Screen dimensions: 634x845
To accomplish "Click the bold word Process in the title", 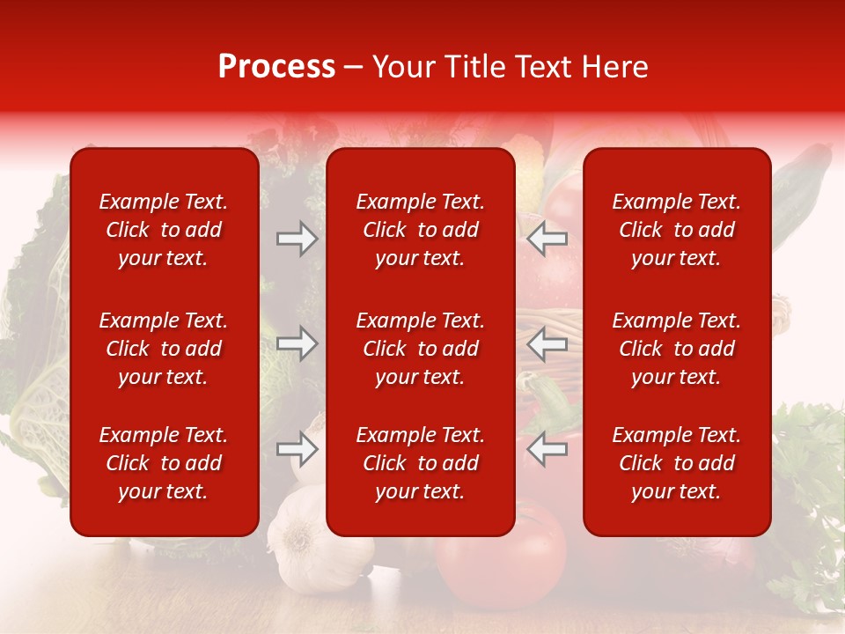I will click(x=276, y=67).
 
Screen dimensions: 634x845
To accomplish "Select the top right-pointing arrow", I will click(x=298, y=239).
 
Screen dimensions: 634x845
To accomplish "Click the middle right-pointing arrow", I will click(x=298, y=344).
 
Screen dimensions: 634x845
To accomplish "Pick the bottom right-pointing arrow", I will click(x=298, y=450).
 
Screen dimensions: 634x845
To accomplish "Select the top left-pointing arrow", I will click(x=547, y=239).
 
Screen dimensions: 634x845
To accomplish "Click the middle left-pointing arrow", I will click(x=547, y=344).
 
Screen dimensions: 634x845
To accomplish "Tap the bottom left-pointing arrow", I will click(x=547, y=450).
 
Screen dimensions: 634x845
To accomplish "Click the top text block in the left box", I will click(x=164, y=230).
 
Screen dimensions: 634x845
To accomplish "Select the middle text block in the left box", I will click(x=164, y=349).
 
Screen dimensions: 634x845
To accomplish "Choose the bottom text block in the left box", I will click(x=164, y=463).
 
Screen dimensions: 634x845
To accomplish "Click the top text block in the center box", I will click(x=421, y=230).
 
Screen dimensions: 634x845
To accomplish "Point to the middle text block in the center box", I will click(x=421, y=349).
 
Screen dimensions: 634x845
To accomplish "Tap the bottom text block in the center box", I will click(x=421, y=463).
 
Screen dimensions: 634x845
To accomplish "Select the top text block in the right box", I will click(x=677, y=230).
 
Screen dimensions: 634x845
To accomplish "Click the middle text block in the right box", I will click(x=677, y=349).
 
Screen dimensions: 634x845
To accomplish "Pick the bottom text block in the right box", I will click(x=677, y=463).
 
